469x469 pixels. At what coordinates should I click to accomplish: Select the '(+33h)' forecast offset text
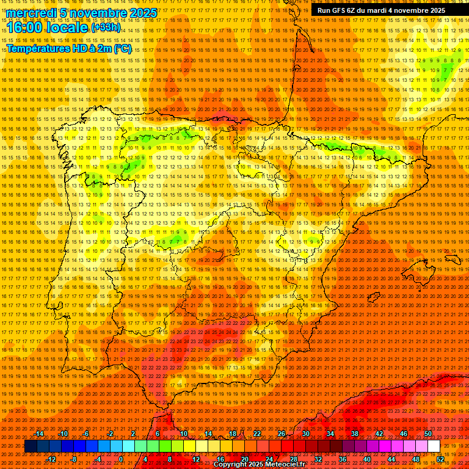(106, 27)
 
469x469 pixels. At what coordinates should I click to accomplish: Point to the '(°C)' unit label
(122, 48)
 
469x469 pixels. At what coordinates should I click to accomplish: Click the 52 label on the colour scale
(440, 459)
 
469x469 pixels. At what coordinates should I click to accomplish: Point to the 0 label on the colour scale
(122, 459)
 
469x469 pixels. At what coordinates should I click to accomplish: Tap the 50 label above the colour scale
(428, 434)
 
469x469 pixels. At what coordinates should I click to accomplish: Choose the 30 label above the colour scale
(305, 434)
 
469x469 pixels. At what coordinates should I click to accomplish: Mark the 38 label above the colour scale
(355, 434)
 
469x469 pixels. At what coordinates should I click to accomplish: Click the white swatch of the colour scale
(434, 446)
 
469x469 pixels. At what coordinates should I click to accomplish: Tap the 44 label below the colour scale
(391, 459)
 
